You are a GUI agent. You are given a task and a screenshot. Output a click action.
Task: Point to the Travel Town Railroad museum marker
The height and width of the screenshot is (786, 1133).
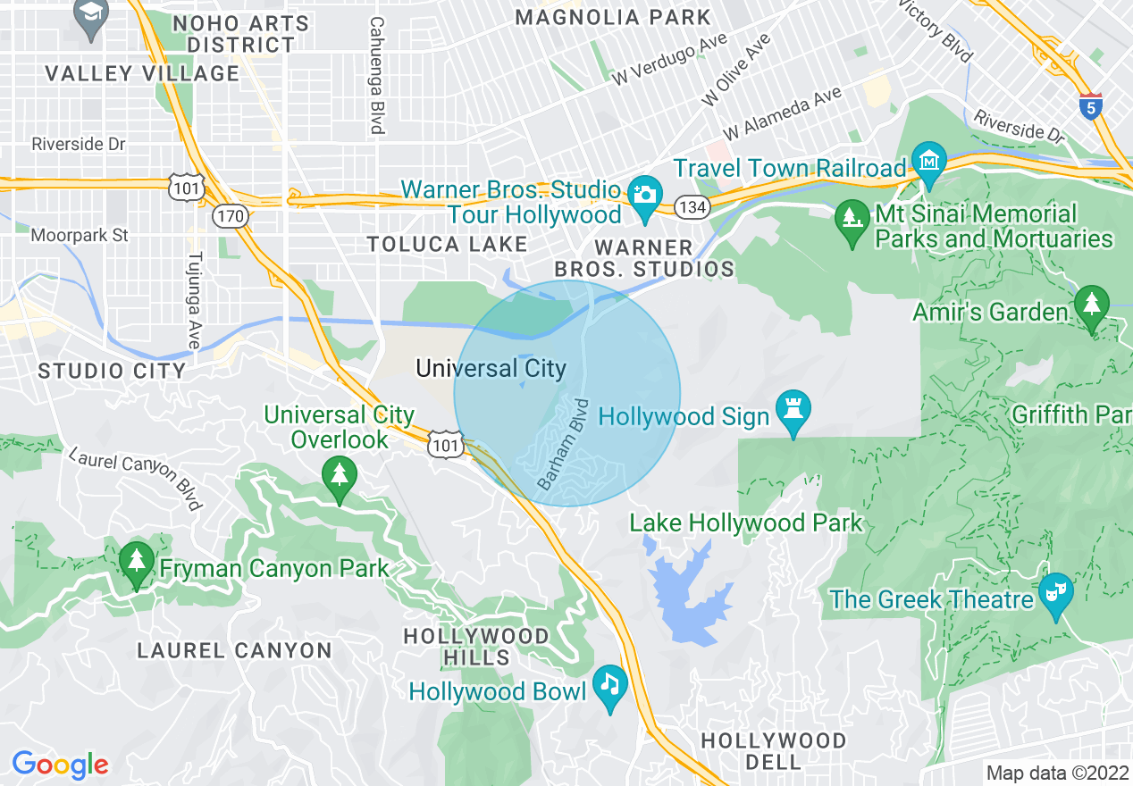click(929, 162)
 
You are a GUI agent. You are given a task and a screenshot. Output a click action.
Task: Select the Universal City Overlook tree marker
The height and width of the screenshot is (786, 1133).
click(339, 474)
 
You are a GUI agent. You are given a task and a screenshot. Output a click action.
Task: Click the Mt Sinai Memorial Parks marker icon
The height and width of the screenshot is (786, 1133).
click(849, 217)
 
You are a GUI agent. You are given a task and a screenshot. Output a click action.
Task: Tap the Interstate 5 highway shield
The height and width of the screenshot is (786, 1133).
click(1089, 106)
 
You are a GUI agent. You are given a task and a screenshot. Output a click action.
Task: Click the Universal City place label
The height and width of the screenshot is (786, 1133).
click(491, 368)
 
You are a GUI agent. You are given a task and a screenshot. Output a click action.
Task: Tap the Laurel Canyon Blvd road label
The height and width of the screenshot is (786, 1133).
click(136, 478)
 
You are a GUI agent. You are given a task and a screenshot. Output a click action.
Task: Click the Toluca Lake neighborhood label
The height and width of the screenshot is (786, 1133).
click(447, 245)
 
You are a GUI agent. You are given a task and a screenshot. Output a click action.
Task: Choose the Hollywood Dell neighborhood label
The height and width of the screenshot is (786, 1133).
click(773, 751)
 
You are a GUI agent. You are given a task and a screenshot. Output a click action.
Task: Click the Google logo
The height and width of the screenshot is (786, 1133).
click(60, 765)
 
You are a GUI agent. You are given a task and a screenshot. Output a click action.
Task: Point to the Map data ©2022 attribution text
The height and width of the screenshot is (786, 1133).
click(1056, 773)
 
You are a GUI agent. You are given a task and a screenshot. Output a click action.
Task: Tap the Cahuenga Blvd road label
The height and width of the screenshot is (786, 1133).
click(377, 76)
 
